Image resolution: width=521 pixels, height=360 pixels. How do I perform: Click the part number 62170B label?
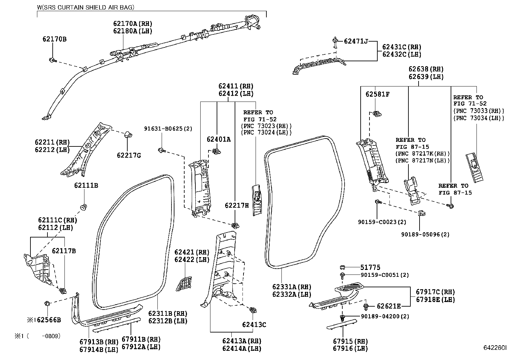(x=54, y=39)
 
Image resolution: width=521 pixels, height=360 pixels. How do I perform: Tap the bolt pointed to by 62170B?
(x=53, y=60)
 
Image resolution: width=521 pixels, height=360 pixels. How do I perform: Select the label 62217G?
(x=129, y=155)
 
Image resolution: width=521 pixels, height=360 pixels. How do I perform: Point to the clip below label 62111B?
(x=84, y=207)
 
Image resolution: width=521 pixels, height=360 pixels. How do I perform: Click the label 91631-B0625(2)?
(x=168, y=128)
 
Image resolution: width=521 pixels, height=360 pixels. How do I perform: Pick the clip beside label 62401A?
(x=216, y=152)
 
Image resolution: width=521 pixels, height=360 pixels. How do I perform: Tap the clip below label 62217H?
(x=235, y=225)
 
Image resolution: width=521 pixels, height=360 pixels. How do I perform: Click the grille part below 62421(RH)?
(x=184, y=284)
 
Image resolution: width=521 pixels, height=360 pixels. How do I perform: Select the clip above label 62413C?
(x=253, y=310)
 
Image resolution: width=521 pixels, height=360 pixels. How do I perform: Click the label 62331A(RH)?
(x=292, y=287)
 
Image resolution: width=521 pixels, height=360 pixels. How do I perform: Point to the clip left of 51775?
(x=343, y=267)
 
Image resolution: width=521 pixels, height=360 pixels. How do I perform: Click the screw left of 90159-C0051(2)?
(x=342, y=276)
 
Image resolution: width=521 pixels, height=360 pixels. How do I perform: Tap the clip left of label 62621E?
(x=366, y=307)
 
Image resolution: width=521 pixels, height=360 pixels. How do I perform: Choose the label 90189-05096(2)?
(x=425, y=234)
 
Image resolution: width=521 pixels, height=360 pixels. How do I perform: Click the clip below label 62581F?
(x=377, y=114)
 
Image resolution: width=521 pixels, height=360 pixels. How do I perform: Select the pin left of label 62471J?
(x=335, y=42)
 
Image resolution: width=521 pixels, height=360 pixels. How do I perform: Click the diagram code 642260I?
(x=495, y=348)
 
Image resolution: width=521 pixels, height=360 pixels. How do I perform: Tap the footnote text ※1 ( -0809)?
(x=37, y=336)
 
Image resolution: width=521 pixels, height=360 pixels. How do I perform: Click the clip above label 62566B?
(x=47, y=303)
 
